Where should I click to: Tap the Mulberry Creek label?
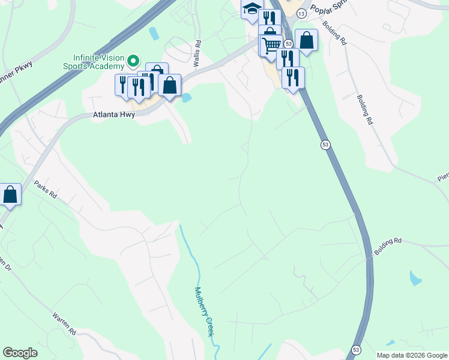tap(203, 311)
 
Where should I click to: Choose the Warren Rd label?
tap(64, 323)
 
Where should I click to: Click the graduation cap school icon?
tap(252, 9)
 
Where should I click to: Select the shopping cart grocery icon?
tap(272, 44)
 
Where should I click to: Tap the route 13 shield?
tap(301, 13)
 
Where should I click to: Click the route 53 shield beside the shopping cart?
tap(289, 44)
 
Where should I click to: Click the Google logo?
tap(20, 353)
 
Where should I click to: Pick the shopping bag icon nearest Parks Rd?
tap(10, 194)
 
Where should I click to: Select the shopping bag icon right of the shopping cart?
tap(306, 41)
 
